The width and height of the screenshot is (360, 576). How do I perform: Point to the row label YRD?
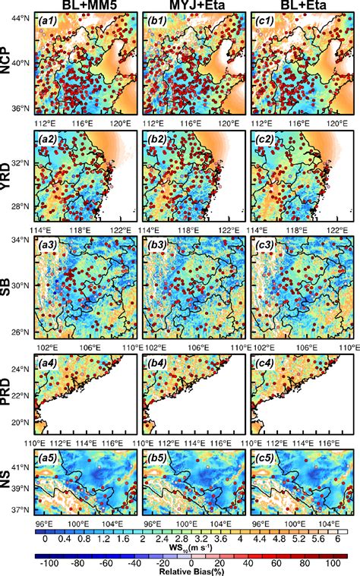click(x=10, y=172)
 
